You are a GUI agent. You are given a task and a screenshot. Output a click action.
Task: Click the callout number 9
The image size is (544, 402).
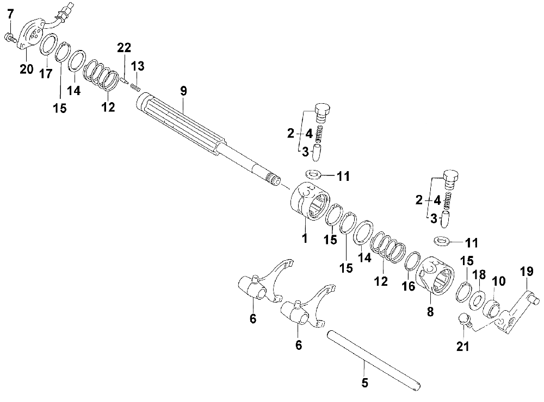(183, 91)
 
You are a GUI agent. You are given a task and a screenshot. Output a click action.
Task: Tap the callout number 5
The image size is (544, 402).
(364, 382)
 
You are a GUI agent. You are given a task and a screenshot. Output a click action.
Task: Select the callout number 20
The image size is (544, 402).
(27, 70)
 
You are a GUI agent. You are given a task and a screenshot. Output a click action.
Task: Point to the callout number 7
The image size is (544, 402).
(10, 15)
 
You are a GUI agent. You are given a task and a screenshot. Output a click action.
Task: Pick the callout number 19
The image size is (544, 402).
(526, 272)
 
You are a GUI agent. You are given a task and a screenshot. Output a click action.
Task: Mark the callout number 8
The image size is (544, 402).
(431, 312)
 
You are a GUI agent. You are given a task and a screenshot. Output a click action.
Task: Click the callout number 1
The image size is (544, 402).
(305, 237)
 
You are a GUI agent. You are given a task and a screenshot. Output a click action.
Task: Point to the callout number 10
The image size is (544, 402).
(498, 281)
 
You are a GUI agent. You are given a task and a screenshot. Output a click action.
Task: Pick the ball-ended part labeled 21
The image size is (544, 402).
(463, 319)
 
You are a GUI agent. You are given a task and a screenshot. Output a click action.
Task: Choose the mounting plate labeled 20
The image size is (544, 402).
(32, 34)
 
